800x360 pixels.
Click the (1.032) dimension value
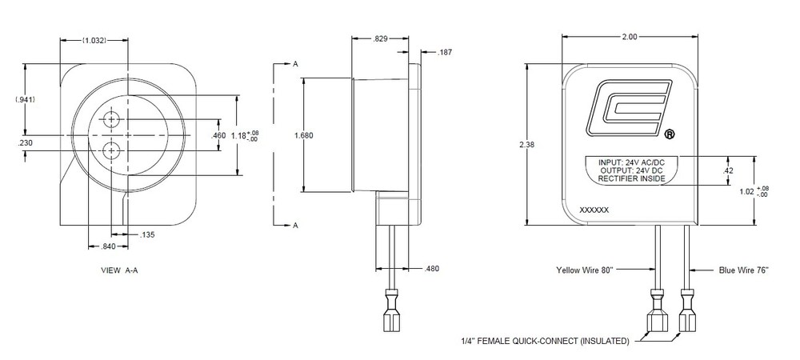click(94, 40)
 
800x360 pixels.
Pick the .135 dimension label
click(146, 234)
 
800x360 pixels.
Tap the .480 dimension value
click(430, 268)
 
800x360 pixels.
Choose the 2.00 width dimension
click(629, 38)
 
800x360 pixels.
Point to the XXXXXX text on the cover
click(594, 209)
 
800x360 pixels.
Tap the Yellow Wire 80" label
click(585, 271)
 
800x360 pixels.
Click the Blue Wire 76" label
click(743, 271)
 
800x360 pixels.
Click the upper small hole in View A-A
click(112, 119)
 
